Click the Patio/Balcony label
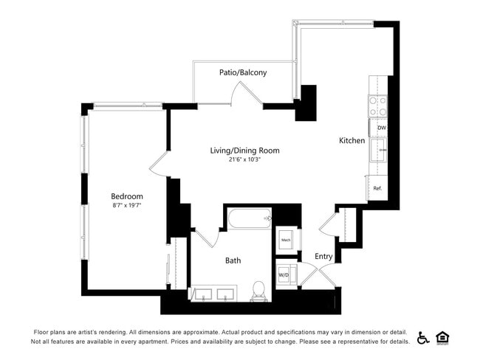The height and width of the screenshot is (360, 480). coord(243,72)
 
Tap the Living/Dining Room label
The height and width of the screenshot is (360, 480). coord(244,150)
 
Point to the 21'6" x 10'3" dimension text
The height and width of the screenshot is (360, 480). coord(244,159)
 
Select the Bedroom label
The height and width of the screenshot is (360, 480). coord(127,196)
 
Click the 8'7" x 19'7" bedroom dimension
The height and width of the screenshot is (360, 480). coord(127,205)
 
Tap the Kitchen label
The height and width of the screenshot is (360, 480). coord(352,140)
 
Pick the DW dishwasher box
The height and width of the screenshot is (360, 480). coord(380,128)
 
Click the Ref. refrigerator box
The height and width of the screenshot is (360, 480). coord(377,188)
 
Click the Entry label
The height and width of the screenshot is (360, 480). coord(323,257)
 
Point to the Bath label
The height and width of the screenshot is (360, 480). coord(233,260)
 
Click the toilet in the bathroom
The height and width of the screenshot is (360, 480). coord(259,291)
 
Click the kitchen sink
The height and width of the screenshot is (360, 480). coord(380,152)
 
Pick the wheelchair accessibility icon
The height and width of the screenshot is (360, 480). coord(423,337)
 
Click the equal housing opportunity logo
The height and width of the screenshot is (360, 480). coord(443,337)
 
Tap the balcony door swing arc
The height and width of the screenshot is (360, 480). coord(246,94)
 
